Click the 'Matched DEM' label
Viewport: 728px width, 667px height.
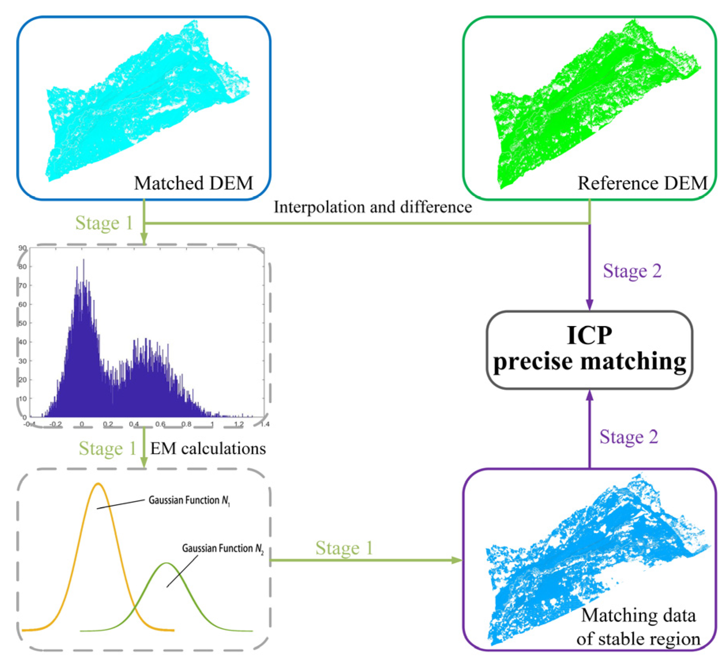coord(193,183)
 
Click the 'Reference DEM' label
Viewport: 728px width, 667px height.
coord(642,183)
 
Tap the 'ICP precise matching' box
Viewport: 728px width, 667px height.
coord(589,349)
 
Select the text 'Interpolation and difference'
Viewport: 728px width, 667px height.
coord(373,207)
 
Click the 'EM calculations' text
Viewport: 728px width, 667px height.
coord(208,448)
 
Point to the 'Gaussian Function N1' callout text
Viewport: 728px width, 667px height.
coord(189,500)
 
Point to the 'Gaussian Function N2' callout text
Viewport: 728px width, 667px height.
coord(223,548)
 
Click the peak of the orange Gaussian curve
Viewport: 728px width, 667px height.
coord(98,484)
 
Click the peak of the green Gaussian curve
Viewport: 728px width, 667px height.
coord(167,563)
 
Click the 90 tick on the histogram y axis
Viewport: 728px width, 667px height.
coord(23,248)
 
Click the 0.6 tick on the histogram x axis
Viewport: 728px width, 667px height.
coord(160,424)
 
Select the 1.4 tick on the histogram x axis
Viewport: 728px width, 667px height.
coord(265,424)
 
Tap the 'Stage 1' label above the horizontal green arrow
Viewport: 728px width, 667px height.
coord(344,548)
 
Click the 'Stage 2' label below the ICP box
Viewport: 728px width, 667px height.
coord(629,437)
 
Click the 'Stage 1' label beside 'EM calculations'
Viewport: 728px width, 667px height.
coord(107,448)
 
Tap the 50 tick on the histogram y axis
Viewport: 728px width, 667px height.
coord(23,323)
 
